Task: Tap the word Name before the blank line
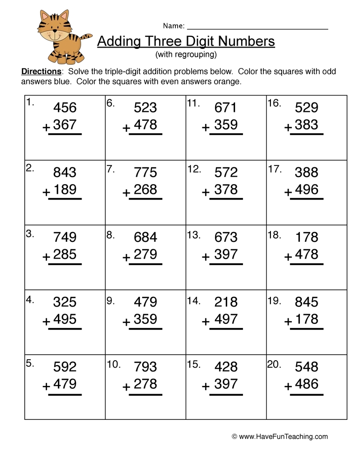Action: point(173,26)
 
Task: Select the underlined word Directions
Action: point(42,72)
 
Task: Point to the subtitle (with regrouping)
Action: point(186,55)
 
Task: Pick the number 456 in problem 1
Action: point(65,108)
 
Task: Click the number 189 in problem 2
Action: point(65,190)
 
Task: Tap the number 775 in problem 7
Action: point(145,172)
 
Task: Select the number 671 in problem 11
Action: point(226,108)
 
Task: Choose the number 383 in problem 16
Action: point(306,125)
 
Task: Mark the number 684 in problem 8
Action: point(145,237)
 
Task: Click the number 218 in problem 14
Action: point(226,302)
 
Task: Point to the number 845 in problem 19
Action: point(306,302)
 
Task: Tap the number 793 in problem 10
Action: point(145,367)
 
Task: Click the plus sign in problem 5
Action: point(46,386)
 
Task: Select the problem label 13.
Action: point(194,235)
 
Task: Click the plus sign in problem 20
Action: point(288,386)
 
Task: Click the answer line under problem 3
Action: point(65,264)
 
